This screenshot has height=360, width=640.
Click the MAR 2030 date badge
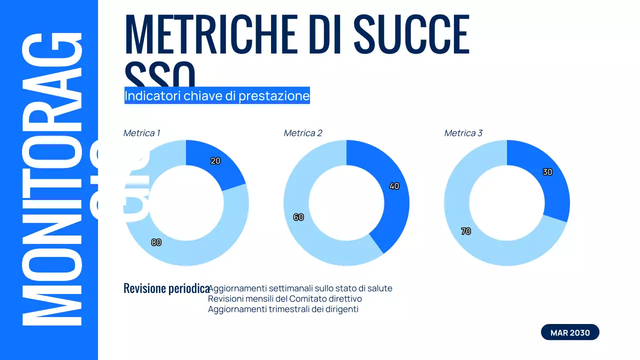(x=570, y=332)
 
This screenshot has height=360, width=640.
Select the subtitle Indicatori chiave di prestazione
(x=217, y=95)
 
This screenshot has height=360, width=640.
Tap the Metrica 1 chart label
(x=141, y=133)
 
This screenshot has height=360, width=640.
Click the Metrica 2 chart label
(x=303, y=133)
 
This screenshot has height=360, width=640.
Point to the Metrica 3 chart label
(x=463, y=133)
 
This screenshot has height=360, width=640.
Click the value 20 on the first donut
(x=215, y=161)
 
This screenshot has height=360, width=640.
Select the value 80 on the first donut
(x=156, y=242)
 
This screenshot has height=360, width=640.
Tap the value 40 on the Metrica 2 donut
(x=394, y=186)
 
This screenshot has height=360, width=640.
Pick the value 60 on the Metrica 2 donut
(x=298, y=217)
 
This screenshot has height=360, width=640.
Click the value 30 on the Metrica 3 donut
(x=547, y=172)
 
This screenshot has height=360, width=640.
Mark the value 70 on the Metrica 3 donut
(x=466, y=231)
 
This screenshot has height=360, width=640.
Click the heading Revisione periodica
(x=166, y=288)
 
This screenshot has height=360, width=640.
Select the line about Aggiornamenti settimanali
(x=300, y=288)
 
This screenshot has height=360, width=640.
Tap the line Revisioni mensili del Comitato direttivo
(x=285, y=298)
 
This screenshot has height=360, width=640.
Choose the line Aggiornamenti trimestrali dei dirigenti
(x=283, y=309)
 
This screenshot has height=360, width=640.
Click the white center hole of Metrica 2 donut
(x=346, y=203)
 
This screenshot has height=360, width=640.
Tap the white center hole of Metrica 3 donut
(x=507, y=203)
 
